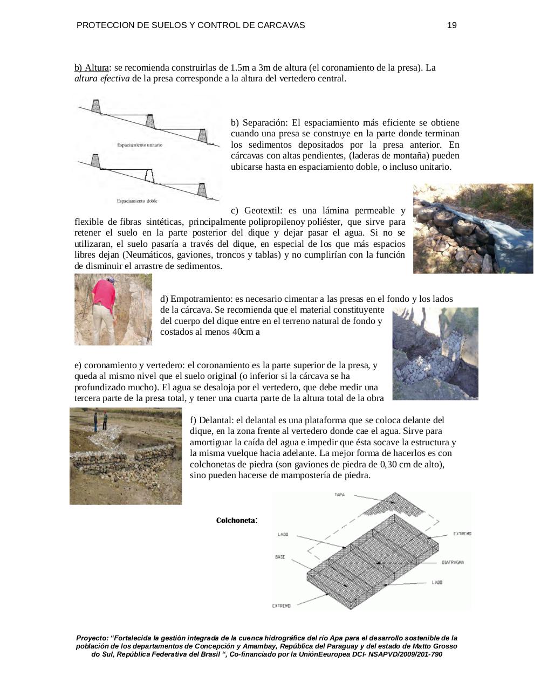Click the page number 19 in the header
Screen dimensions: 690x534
tap(452, 25)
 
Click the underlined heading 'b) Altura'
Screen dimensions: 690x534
tap(91, 68)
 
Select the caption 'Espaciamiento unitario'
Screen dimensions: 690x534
tap(140, 145)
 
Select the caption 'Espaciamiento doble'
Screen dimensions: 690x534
tap(137, 201)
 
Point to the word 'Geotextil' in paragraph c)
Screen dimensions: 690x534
tap(262, 210)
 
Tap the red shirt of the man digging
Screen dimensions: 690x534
tap(105, 294)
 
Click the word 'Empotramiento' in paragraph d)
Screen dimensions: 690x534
tap(199, 299)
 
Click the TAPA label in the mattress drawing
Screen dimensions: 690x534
tap(339, 494)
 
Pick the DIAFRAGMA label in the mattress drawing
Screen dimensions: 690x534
tap(453, 562)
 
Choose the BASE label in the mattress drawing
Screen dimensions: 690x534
tap(280, 557)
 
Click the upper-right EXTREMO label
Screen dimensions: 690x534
tap(462, 534)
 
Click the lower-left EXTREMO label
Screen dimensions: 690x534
tap(281, 606)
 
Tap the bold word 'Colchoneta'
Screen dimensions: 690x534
tap(235, 521)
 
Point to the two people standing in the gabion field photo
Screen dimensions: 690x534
tap(100, 421)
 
